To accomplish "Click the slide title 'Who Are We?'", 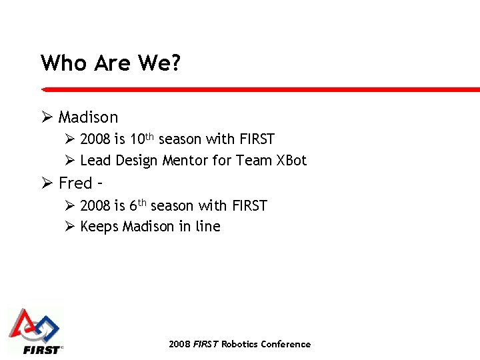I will [111, 63].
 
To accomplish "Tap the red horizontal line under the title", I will [260, 89].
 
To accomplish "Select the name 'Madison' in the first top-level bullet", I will [88, 117].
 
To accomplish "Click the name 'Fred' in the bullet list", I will [75, 183].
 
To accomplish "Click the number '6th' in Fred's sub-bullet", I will [133, 205].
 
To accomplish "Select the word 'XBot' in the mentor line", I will [291, 161].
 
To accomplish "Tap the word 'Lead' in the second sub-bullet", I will [95, 161].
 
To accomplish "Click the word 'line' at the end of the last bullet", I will [208, 227].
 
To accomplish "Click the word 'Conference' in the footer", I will [285, 344].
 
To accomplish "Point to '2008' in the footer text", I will [179, 344].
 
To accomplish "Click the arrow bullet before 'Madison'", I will [47, 117].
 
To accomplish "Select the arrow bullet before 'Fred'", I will [47, 183].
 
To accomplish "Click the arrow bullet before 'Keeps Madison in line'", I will [69, 227].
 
